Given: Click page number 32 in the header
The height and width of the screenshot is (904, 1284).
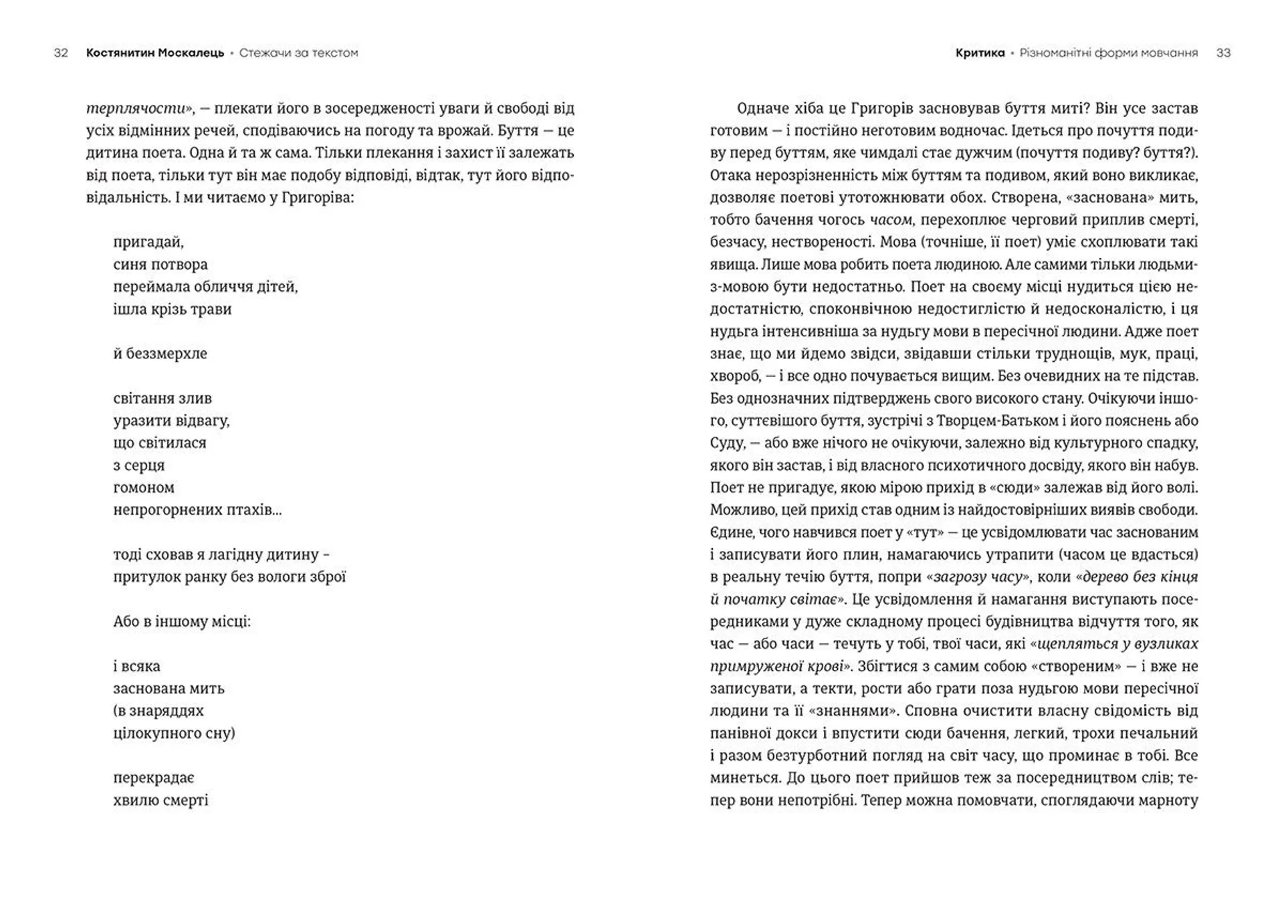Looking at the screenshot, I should [61, 53].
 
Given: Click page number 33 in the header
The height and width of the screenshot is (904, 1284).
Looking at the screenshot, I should [1223, 53].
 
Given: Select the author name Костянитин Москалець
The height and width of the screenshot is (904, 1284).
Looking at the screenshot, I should [155, 53].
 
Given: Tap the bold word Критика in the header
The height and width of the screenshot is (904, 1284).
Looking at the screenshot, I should [980, 53].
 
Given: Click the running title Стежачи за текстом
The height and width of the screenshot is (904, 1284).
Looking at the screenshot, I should [298, 53].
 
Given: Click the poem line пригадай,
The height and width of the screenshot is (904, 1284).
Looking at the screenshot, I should [148, 242].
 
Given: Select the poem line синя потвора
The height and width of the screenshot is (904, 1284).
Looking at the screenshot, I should [160, 265].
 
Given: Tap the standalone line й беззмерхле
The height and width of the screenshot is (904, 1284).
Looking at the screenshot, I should [160, 354].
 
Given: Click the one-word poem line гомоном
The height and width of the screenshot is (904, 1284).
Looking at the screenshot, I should [144, 487].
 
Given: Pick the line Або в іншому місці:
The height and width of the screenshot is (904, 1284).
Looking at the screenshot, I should [182, 622].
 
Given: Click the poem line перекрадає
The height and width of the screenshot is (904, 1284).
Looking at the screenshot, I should [154, 778].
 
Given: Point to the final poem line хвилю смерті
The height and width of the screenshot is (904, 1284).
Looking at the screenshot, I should [160, 800].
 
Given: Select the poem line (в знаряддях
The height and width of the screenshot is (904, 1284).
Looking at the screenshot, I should [158, 711].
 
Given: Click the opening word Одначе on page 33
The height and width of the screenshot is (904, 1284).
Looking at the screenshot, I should [761, 108].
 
